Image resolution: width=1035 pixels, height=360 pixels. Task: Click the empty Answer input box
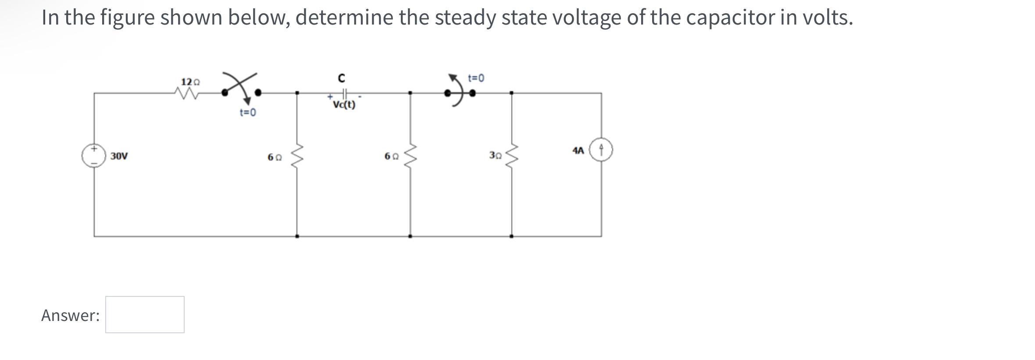click(x=145, y=314)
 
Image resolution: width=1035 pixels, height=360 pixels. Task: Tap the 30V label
click(x=119, y=156)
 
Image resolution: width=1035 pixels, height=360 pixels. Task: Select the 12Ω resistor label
click(x=190, y=82)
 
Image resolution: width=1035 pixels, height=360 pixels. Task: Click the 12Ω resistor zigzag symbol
click(x=187, y=93)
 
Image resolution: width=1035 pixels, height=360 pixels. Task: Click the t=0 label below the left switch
click(x=248, y=113)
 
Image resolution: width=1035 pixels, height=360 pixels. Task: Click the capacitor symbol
click(x=345, y=93)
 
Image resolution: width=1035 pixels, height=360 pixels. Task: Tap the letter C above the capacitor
click(x=341, y=78)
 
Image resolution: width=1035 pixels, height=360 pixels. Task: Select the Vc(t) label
click(x=344, y=105)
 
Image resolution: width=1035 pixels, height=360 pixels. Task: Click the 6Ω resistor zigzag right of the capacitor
click(x=410, y=157)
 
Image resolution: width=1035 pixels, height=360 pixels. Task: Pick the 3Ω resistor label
click(x=496, y=155)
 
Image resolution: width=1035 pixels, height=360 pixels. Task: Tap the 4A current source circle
click(x=601, y=150)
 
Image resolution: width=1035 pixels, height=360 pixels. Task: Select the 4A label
click(x=578, y=150)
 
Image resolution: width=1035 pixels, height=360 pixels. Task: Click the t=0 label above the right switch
click(x=476, y=78)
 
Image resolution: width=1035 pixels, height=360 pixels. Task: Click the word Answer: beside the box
click(x=71, y=315)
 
